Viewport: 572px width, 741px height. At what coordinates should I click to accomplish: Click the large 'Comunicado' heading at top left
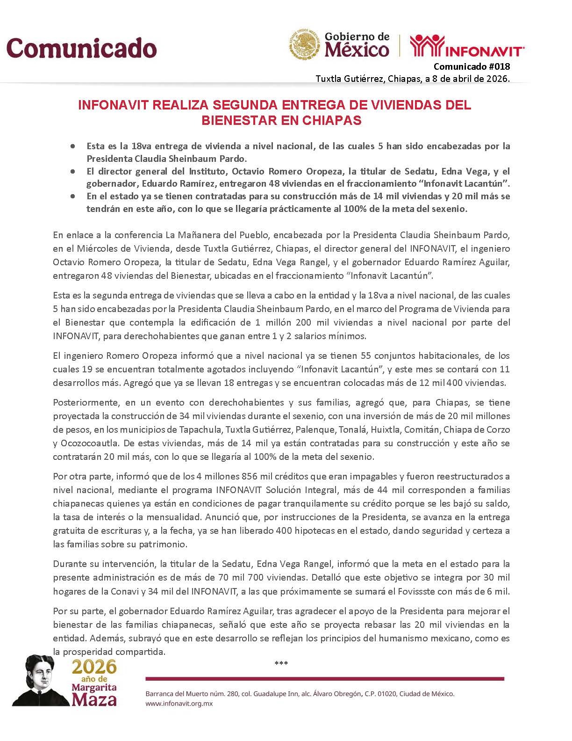(81, 48)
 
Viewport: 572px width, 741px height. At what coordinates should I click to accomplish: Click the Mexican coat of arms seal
(304, 45)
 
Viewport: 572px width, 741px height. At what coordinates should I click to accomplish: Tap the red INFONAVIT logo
(466, 46)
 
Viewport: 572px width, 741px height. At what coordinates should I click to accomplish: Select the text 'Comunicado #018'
(472, 66)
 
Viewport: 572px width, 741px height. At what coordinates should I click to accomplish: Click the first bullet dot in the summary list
(73, 146)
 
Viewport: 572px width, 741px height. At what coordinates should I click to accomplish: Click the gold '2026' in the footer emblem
(94, 667)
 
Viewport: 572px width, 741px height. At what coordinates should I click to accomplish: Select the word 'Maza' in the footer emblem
(94, 699)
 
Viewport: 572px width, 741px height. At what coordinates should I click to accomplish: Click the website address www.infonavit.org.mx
(179, 704)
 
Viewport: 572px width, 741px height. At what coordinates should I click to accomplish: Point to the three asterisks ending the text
(281, 664)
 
